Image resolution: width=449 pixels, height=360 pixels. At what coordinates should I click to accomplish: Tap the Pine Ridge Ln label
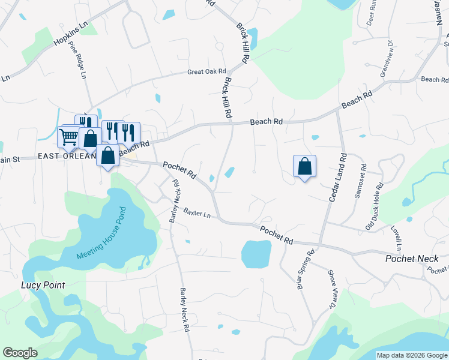point(78,59)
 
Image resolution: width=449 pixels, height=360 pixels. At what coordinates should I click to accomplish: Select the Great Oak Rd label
point(206,71)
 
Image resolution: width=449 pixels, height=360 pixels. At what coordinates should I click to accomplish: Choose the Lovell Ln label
point(397,238)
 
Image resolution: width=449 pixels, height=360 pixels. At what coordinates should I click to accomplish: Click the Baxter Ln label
point(197,213)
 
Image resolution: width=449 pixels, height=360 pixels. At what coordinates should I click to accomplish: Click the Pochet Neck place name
point(412,259)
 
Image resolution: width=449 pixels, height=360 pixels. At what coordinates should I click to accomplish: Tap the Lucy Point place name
point(43,285)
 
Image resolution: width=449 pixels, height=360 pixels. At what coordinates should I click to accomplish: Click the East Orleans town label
point(67,156)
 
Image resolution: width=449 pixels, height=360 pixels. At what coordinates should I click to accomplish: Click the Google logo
point(20,353)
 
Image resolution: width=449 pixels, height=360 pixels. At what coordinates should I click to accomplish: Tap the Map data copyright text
point(412,355)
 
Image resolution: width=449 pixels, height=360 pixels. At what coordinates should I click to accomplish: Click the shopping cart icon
point(68,137)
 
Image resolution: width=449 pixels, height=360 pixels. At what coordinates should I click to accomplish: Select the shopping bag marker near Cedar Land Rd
point(304,166)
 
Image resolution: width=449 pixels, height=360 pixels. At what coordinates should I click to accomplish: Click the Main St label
point(10,160)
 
